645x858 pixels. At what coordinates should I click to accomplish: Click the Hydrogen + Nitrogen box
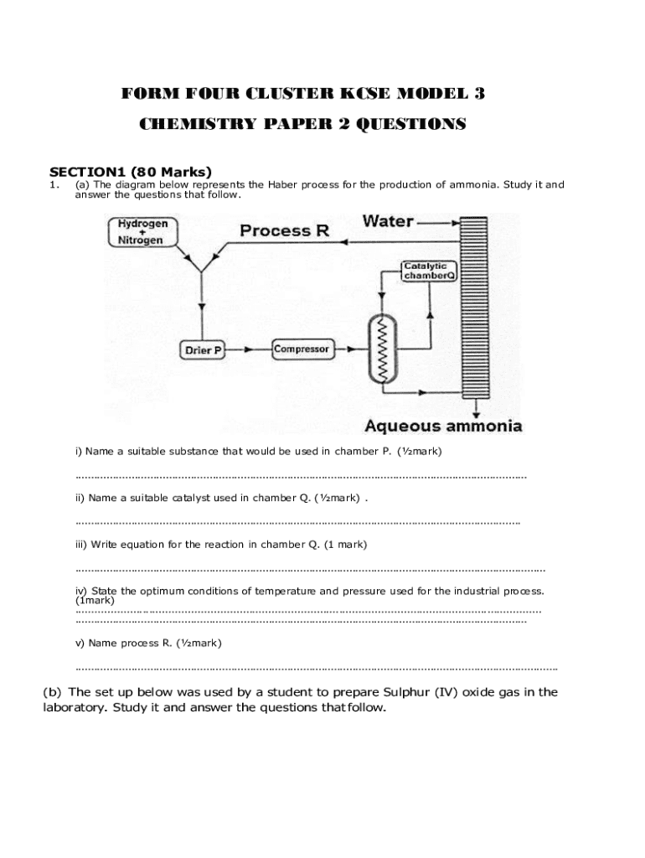point(142,232)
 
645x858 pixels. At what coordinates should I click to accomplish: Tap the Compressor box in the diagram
point(302,349)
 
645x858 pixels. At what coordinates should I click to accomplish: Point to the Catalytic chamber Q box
point(429,271)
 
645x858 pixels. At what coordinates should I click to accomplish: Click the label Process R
point(284,230)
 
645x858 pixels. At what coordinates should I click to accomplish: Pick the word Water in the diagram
point(388,222)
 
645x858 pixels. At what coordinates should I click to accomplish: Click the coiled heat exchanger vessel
point(384,350)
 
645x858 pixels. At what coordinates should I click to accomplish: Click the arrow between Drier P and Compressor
point(249,349)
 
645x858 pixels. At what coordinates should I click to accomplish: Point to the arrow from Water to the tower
point(439,223)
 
